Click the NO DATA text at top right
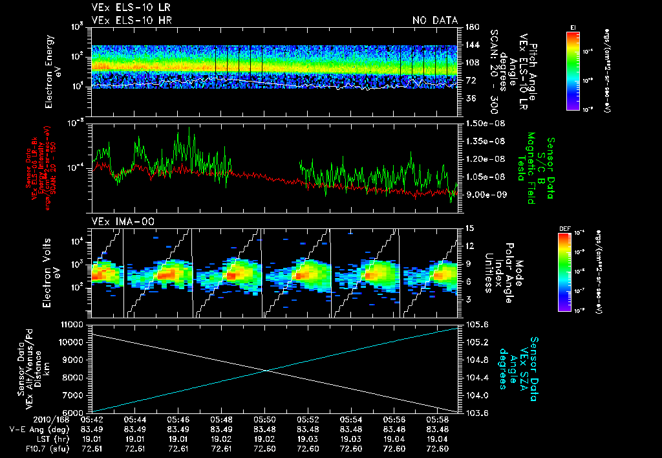(x=434, y=21)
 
